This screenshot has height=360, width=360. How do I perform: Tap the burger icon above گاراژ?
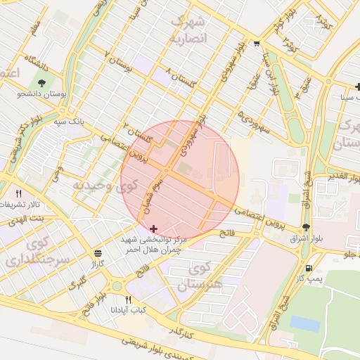tap(97, 253)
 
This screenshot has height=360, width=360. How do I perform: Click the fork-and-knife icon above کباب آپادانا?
tap(128, 300)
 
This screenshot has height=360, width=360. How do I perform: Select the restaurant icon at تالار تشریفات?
tap(19, 193)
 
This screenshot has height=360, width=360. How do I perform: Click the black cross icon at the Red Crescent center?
tap(154, 229)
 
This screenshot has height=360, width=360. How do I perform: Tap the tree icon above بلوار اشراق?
tap(305, 226)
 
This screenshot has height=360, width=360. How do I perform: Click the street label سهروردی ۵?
tap(255, 114)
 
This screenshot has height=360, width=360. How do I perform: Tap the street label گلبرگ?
tap(77, 283)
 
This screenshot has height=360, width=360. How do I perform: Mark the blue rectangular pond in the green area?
tap(304, 323)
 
